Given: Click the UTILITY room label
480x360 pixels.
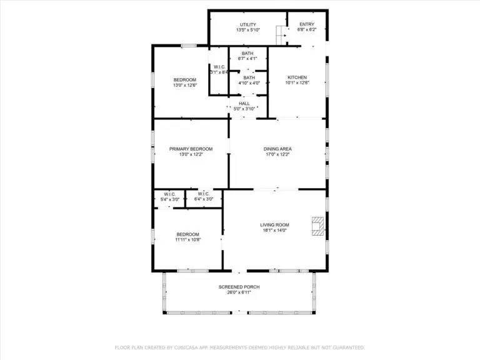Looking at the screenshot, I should click(248, 24).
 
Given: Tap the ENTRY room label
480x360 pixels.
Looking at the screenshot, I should click(307, 24).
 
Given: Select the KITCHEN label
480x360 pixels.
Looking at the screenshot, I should click(297, 77).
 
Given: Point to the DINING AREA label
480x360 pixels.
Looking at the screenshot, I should click(277, 149).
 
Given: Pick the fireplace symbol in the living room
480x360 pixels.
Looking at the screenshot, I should click(319, 227).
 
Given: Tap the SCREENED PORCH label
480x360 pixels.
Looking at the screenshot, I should click(239, 287).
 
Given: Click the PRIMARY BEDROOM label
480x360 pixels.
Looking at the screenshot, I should click(191, 149).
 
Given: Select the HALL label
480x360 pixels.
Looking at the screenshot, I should click(244, 103).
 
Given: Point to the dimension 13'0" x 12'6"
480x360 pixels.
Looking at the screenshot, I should click(185, 85).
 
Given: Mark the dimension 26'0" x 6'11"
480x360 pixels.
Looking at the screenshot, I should click(239, 292).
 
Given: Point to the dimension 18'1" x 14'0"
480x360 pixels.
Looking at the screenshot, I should click(274, 230).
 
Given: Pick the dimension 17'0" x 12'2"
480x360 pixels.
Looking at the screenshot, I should click(277, 154).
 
